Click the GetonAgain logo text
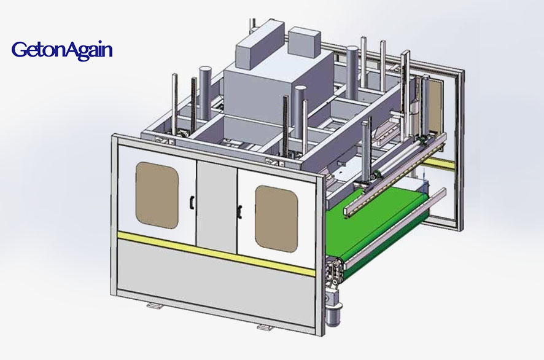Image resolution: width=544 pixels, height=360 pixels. pyautogui.click(x=62, y=50)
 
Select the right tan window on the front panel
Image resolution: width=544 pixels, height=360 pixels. pyautogui.click(x=276, y=219)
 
